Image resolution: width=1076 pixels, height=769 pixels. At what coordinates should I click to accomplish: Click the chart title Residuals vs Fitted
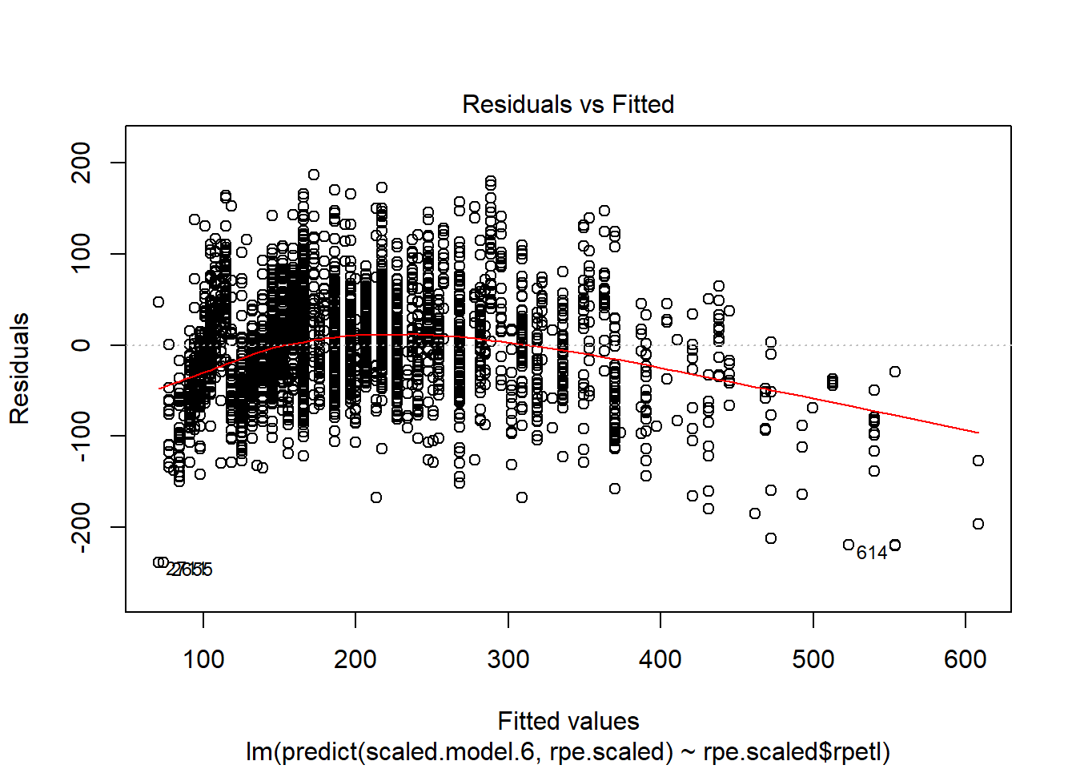[568, 104]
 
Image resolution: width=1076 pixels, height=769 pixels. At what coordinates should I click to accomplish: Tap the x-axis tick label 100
[203, 659]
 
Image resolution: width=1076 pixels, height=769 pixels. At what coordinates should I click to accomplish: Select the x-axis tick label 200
[355, 659]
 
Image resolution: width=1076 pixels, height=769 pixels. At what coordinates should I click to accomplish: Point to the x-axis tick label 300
[508, 659]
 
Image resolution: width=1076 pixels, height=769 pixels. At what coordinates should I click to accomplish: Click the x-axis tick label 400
[660, 659]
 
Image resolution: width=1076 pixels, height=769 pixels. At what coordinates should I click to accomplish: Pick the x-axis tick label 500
[813, 659]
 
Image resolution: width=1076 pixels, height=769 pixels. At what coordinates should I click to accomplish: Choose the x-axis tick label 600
[966, 659]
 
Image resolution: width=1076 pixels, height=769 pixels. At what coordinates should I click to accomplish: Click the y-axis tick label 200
[81, 163]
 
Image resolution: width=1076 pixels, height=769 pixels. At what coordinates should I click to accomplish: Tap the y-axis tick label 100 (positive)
[81, 254]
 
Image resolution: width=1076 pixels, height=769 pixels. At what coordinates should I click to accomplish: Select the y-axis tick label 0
[81, 345]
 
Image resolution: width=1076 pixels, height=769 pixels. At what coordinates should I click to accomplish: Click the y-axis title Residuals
[19, 368]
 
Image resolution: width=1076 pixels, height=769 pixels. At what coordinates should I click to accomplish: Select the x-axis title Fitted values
[568, 721]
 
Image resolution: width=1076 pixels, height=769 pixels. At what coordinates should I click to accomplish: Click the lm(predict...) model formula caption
[568, 751]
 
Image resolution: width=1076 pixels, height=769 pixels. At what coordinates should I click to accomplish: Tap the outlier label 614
[872, 553]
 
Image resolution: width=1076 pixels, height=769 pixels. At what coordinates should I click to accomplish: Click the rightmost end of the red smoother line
[978, 433]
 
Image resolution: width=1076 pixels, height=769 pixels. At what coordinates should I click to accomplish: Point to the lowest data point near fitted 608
[978, 524]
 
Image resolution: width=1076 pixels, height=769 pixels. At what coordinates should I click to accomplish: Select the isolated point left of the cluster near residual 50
[159, 302]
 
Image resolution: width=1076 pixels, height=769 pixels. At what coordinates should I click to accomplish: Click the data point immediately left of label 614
[849, 545]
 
